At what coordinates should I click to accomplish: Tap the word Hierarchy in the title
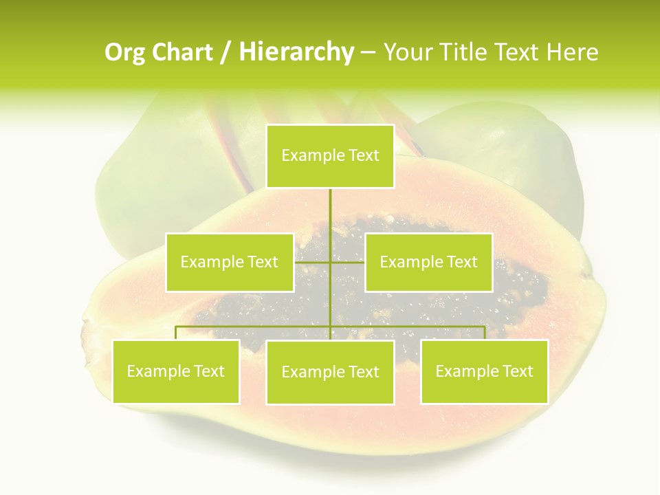point(296,52)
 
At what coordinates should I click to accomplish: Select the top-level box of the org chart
point(331,156)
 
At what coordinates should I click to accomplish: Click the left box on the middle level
point(230,262)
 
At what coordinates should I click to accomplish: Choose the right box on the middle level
point(428,262)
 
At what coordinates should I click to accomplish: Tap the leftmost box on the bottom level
point(175,371)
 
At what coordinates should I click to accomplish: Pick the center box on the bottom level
point(331,372)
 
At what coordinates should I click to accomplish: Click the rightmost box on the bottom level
point(484,371)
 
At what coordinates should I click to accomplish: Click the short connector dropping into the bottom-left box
point(175,333)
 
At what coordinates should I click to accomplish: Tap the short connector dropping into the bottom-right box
point(485,333)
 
